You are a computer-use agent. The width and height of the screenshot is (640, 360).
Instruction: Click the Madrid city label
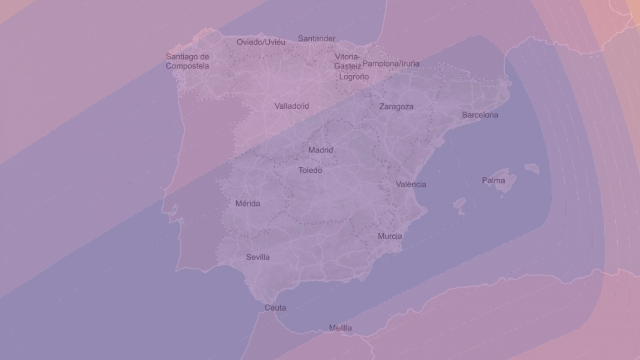tap(320, 150)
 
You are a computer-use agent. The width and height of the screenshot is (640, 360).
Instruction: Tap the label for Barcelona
tap(480, 115)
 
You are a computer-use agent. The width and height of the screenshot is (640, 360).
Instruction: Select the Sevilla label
tap(258, 257)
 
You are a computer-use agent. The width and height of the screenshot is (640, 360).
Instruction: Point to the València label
tap(411, 184)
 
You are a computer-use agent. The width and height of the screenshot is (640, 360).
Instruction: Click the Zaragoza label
tap(396, 106)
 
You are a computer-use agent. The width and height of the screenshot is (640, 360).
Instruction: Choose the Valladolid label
tap(292, 106)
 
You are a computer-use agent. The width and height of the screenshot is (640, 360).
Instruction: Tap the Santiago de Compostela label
tap(187, 61)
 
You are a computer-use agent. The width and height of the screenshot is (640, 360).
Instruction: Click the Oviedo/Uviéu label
tap(261, 42)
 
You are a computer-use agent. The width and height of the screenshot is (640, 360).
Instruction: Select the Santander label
tap(316, 38)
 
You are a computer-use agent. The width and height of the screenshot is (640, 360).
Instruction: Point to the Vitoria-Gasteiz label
tap(348, 61)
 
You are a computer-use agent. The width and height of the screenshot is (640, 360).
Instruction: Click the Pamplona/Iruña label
tap(391, 64)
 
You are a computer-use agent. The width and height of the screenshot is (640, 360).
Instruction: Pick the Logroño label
tap(354, 77)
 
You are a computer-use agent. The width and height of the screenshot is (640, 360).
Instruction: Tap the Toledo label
tap(310, 170)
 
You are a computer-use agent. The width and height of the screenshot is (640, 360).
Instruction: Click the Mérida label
tap(248, 203)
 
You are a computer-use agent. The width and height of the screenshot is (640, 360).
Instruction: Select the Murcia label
tap(390, 236)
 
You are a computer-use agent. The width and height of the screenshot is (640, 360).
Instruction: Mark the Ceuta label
tap(275, 308)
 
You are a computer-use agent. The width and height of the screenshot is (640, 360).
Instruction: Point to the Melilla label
tap(341, 328)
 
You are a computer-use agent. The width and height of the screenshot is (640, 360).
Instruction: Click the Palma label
tap(494, 180)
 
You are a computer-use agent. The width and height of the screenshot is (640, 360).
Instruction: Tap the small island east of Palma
tap(532, 169)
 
